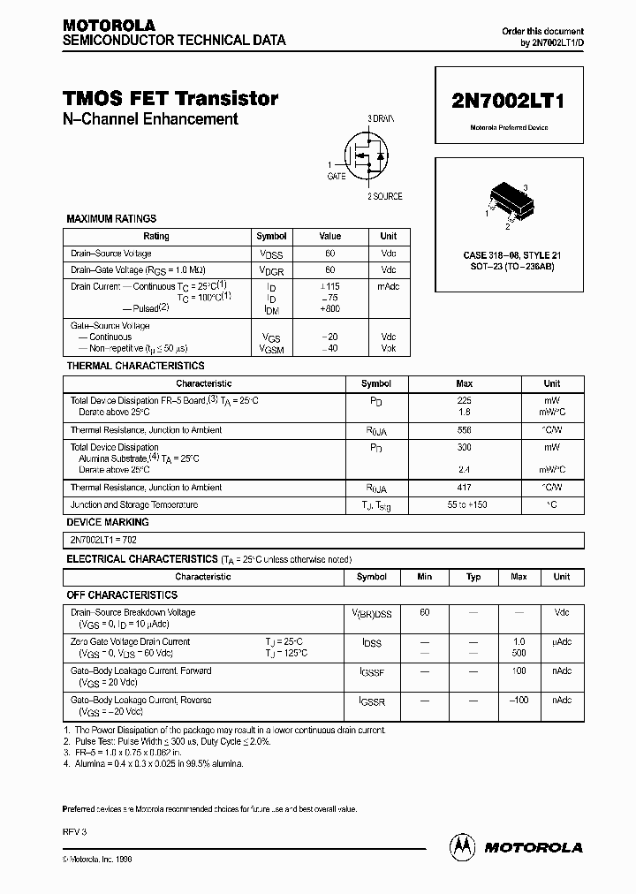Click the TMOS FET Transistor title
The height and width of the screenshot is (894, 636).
pyautogui.click(x=170, y=99)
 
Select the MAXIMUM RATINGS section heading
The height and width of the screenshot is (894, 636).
pyautogui.click(x=111, y=218)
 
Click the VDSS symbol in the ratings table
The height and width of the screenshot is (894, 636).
pyautogui.click(x=271, y=254)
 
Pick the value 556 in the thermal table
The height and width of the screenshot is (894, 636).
pyautogui.click(x=464, y=430)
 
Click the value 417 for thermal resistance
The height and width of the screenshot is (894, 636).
pyautogui.click(x=464, y=488)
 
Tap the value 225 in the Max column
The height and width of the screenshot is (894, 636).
pyautogui.click(x=464, y=401)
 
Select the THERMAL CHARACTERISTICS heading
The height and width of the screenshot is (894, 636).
pyautogui.click(x=135, y=366)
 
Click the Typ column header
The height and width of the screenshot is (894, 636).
pyautogui.click(x=473, y=577)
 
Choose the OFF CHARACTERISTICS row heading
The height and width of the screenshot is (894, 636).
pyautogui.click(x=122, y=595)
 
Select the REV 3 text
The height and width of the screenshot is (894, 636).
pyautogui.click(x=75, y=832)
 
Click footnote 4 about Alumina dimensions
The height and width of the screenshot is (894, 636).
pyautogui.click(x=155, y=763)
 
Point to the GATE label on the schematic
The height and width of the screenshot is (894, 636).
pyautogui.click(x=337, y=177)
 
